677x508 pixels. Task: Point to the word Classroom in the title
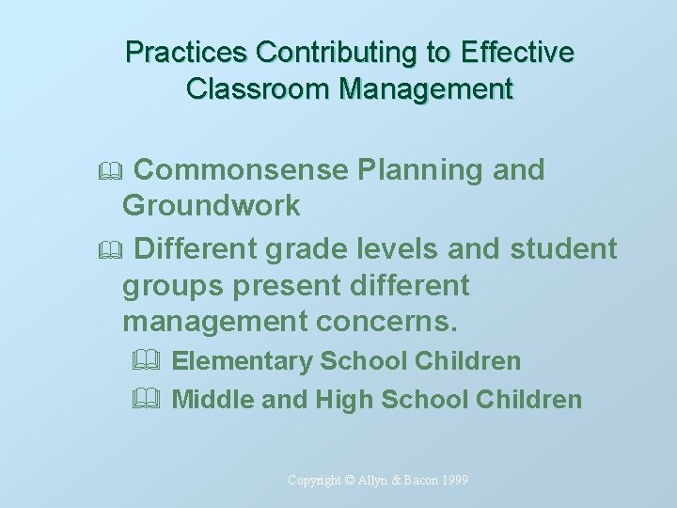259,89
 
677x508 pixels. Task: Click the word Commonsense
244,170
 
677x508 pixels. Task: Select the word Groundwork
212,205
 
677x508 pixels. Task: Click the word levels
399,249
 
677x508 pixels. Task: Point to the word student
563,249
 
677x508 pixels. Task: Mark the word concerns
386,321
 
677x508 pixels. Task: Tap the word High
344,400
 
